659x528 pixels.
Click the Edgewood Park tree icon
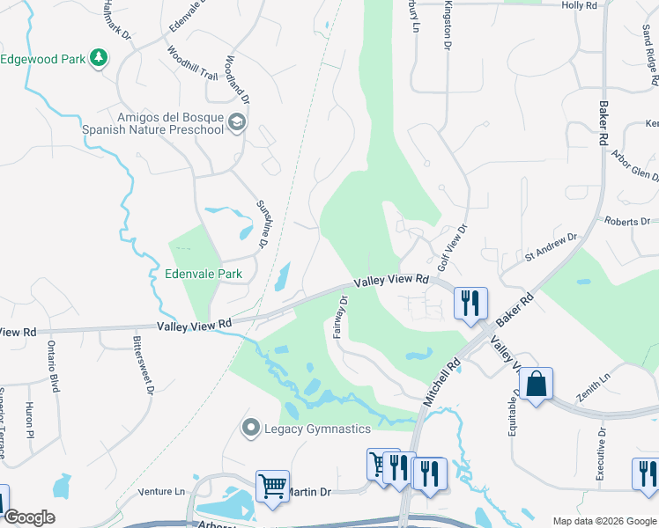(99, 59)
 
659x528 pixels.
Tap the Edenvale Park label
(204, 274)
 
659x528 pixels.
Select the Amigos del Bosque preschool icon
(236, 122)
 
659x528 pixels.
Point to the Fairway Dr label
(340, 317)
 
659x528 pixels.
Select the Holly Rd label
(579, 5)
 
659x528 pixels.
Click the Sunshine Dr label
(262, 222)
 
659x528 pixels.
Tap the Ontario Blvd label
(53, 366)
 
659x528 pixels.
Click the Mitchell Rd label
(442, 380)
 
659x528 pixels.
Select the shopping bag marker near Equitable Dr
(536, 384)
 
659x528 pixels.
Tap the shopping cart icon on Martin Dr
(272, 486)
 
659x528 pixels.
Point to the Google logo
(29, 517)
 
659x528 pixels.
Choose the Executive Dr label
(601, 453)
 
